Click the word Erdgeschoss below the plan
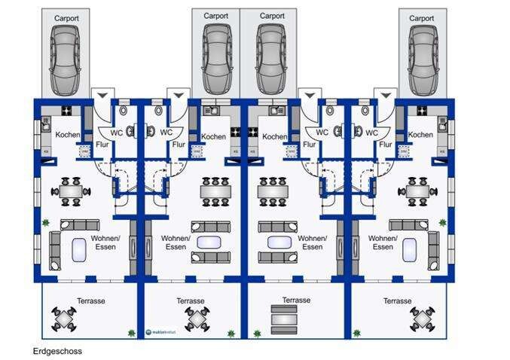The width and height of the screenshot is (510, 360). click(57, 351)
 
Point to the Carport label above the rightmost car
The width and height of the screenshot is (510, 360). click(421, 18)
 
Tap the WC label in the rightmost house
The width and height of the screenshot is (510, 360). click(371, 133)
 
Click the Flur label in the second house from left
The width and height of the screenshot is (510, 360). click(178, 144)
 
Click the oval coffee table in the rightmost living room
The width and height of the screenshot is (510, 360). click(409, 249)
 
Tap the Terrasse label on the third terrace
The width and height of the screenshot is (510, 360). click(296, 300)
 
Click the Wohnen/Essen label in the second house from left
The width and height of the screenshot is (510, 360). click(175, 243)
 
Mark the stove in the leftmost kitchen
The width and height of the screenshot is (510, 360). click(67, 111)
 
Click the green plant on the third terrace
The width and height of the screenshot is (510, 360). click(258, 332)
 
